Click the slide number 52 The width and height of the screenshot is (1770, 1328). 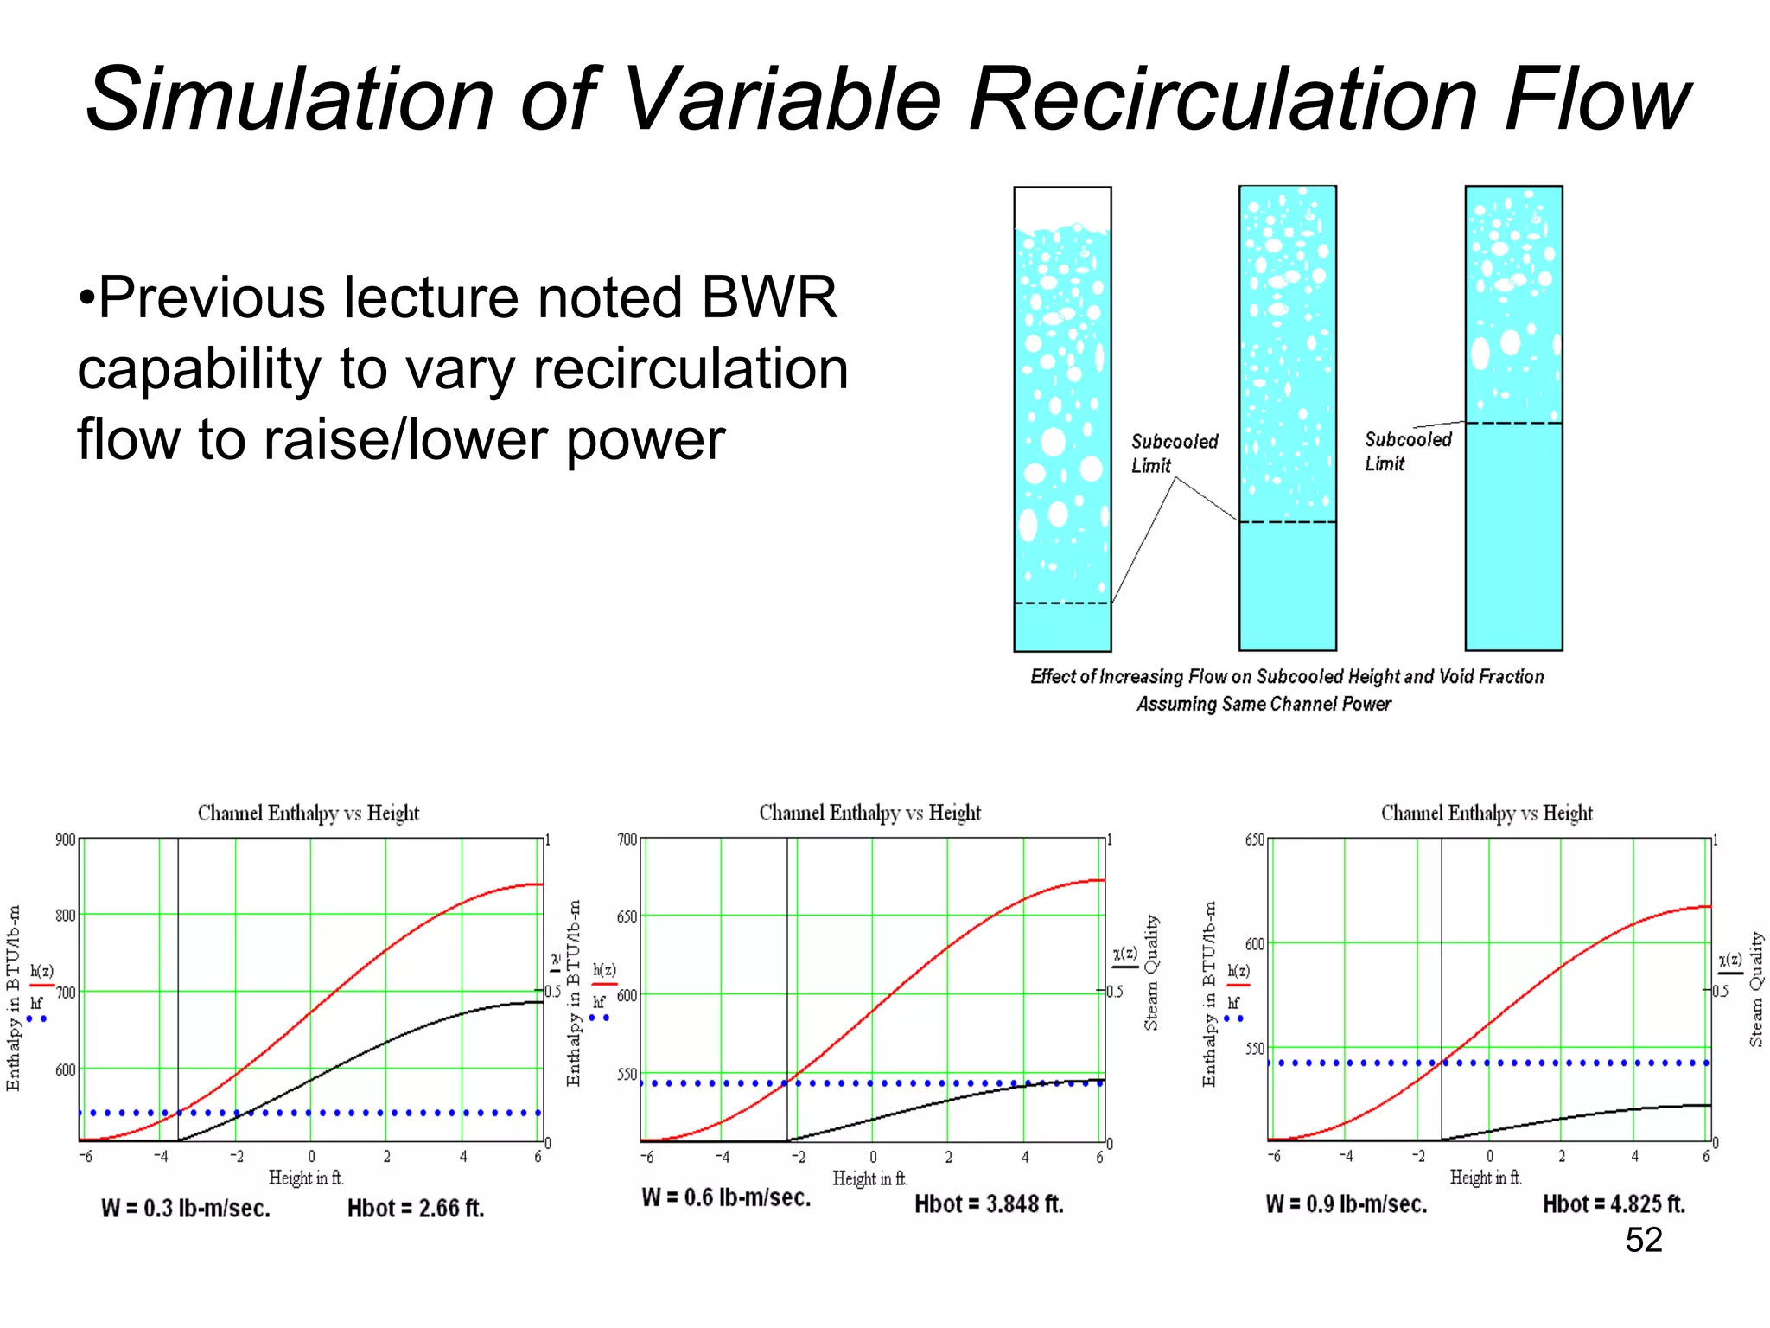(x=1643, y=1240)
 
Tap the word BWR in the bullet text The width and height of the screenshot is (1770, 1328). (x=768, y=297)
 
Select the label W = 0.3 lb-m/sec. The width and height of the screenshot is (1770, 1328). (x=186, y=1208)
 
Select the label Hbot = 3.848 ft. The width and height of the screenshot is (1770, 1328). (x=989, y=1203)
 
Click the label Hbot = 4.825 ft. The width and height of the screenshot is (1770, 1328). (x=1614, y=1203)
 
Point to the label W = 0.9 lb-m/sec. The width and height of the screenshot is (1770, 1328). (x=1346, y=1203)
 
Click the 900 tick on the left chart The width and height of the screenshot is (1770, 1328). (x=66, y=840)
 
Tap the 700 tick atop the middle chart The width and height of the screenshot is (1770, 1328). (x=627, y=840)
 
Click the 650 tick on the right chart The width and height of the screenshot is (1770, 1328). (x=1254, y=840)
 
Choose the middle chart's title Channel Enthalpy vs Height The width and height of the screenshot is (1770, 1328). (x=869, y=813)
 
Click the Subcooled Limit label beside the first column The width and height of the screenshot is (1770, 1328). (x=1174, y=453)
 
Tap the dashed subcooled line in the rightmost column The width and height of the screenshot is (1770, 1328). (x=1513, y=424)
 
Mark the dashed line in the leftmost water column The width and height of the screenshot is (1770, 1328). (x=1061, y=603)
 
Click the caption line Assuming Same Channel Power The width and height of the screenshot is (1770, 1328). (x=1263, y=704)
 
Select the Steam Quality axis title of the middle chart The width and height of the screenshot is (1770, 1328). (x=1151, y=972)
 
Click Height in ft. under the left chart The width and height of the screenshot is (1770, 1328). (x=306, y=1178)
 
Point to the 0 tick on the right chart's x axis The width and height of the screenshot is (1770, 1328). (x=1489, y=1156)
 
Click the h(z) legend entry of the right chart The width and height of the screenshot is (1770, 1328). (x=1238, y=971)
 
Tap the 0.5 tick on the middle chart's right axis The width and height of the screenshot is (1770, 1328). (x=1116, y=991)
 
